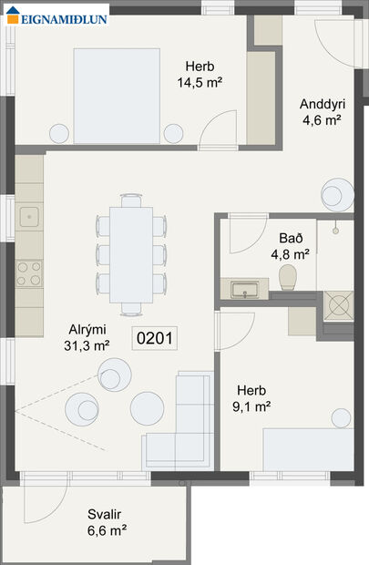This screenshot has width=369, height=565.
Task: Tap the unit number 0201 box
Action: point(153,338)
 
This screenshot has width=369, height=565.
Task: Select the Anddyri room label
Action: point(322,103)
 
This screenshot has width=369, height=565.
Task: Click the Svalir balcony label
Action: point(107,512)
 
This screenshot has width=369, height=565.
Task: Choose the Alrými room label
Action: point(87,330)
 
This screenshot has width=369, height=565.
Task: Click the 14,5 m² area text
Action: point(200,82)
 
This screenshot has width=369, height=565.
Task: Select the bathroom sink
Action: point(243,290)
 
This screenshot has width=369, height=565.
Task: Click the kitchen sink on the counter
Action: point(29,217)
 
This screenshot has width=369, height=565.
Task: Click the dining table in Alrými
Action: point(131,254)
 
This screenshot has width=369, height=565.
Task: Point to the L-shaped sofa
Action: point(187,428)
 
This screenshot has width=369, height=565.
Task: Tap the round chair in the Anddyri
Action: point(333,194)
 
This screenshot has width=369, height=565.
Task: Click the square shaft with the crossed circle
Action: point(339,306)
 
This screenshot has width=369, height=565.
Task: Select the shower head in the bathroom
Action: point(337,224)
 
